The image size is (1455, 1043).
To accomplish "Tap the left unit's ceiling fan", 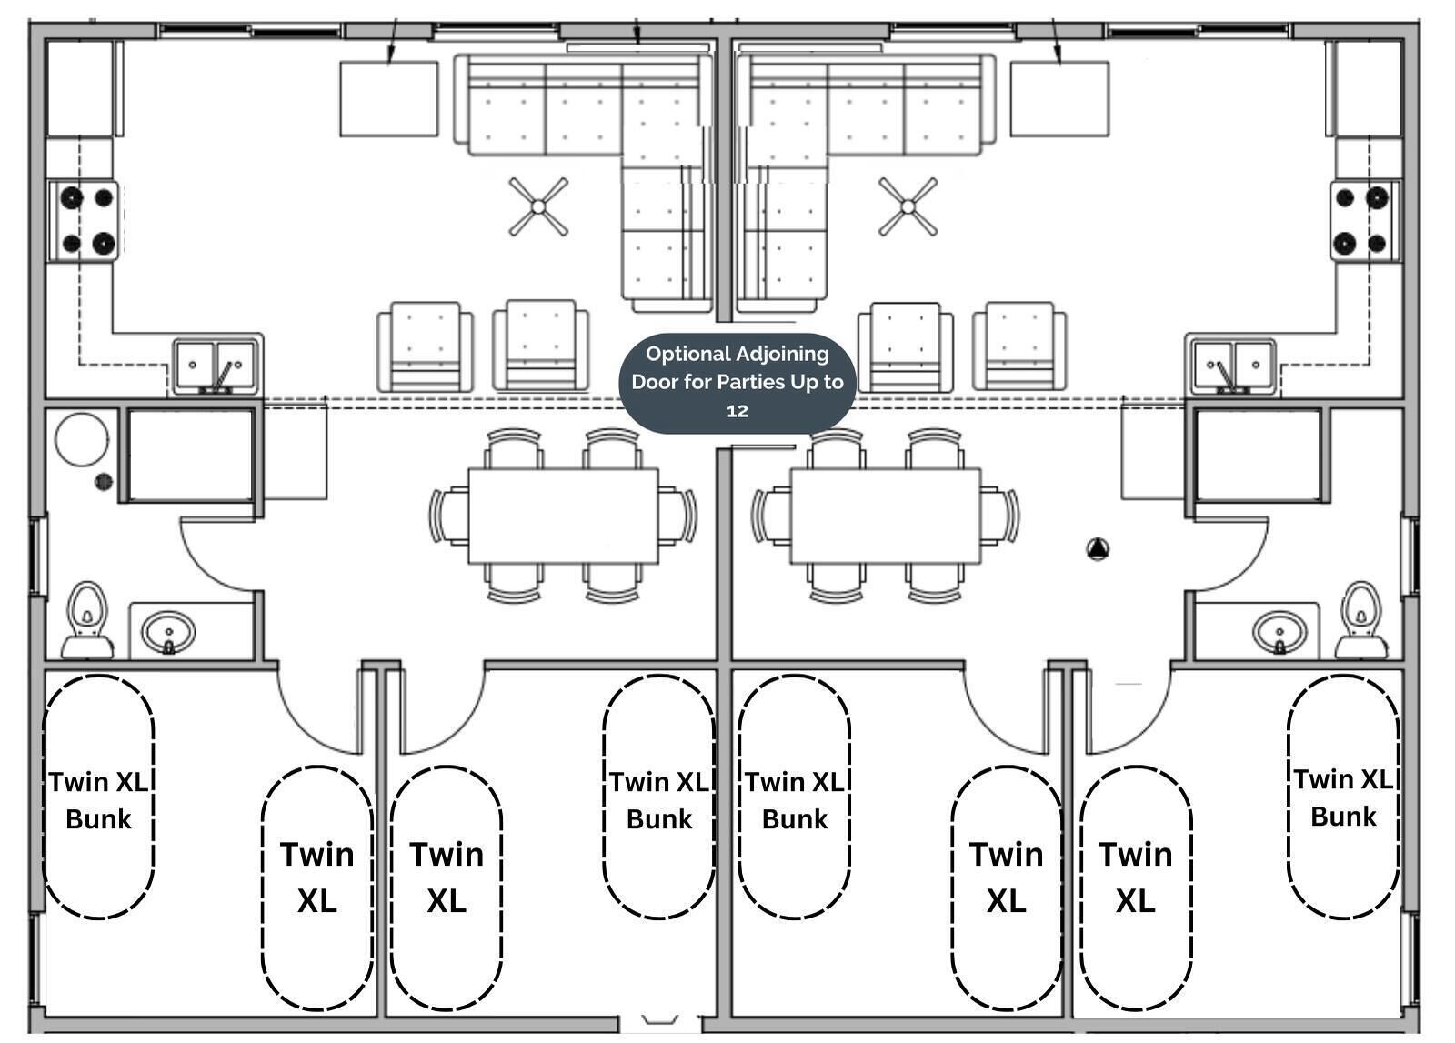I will pyautogui.click(x=538, y=207).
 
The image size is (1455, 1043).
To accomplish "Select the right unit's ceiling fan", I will pyautogui.click(x=908, y=206).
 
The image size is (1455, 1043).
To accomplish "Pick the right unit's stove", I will pyautogui.click(x=1361, y=221).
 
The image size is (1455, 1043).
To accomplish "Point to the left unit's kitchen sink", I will pyautogui.click(x=216, y=366).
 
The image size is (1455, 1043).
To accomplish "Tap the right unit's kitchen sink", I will pyautogui.click(x=1231, y=366).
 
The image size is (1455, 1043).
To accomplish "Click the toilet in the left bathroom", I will pyautogui.click(x=87, y=618).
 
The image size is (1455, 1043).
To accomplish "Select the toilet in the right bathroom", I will pyautogui.click(x=1361, y=618).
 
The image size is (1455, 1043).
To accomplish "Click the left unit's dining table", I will pyautogui.click(x=563, y=516).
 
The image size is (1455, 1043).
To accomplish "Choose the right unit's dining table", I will pyautogui.click(x=885, y=516).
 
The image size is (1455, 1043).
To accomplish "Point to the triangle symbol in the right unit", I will pyautogui.click(x=1098, y=548).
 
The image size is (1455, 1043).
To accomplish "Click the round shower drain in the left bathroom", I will pyautogui.click(x=105, y=481).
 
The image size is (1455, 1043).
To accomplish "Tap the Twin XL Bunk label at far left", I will pyautogui.click(x=99, y=800).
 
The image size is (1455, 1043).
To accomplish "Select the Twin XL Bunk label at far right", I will pyautogui.click(x=1343, y=797).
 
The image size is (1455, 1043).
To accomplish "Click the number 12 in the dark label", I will pyautogui.click(x=738, y=411).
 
